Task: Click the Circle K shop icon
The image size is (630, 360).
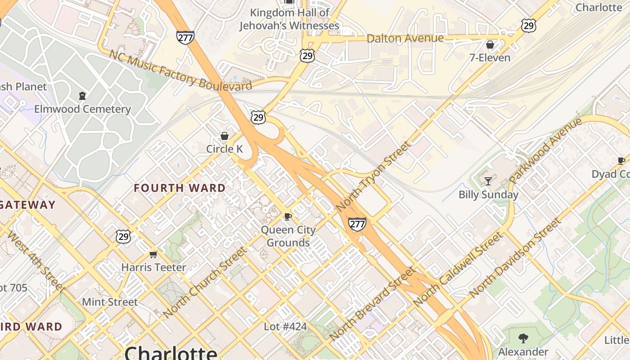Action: (224, 136)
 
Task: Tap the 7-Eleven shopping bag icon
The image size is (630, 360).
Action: (490, 45)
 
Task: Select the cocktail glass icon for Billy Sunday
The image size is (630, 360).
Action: (488, 181)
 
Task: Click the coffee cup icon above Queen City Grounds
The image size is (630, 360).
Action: (288, 217)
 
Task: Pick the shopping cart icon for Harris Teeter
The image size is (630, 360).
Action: (153, 255)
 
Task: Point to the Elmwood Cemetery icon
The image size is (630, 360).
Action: (82, 95)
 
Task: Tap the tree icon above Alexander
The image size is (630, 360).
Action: (523, 338)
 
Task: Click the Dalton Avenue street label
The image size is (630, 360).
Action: (405, 38)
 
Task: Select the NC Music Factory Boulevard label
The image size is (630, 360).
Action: (180, 70)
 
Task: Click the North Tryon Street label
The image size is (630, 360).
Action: (373, 176)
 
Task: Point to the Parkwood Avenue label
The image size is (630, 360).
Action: (545, 151)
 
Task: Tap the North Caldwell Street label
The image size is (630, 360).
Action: (457, 270)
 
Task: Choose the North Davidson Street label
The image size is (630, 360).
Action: (515, 257)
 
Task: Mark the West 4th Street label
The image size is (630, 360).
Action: (36, 261)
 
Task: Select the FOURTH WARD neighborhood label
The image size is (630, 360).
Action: (180, 188)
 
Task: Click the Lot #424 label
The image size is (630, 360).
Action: (285, 326)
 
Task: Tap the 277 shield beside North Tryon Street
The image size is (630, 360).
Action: (357, 224)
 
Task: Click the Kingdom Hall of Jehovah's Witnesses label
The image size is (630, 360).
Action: (289, 19)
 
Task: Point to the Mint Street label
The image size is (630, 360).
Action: (110, 302)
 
